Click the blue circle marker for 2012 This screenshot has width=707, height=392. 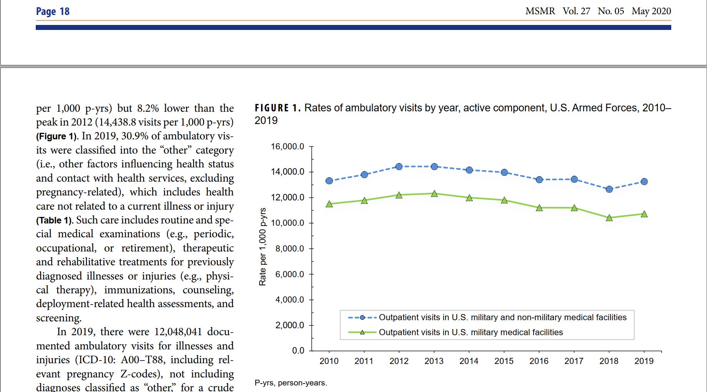point(399,167)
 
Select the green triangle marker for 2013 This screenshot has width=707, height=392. point(434,194)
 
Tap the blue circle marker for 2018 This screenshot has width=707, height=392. point(609,189)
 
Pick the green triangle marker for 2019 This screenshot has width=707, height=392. point(644,214)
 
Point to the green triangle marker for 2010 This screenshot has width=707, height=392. point(329,204)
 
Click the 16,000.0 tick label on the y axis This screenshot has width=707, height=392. point(287,147)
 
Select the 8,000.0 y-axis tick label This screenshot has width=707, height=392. point(289,249)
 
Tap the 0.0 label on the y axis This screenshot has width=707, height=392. point(298,351)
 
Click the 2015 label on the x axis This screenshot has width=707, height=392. point(504,361)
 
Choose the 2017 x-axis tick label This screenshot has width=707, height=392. point(574,361)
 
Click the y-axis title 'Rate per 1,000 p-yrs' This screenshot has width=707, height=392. point(263,247)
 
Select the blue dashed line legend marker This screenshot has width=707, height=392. point(362,318)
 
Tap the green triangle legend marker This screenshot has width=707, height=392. point(362,332)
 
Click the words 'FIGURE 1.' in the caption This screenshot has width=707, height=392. point(277,108)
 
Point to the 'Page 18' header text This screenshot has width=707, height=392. point(53,12)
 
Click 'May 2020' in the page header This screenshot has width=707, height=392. point(651,11)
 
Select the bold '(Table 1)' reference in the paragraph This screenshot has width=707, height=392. point(54,220)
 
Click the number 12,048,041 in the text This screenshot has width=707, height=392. point(178,332)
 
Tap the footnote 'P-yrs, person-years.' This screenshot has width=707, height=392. point(291,383)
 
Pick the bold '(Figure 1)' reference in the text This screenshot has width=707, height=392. point(57,136)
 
